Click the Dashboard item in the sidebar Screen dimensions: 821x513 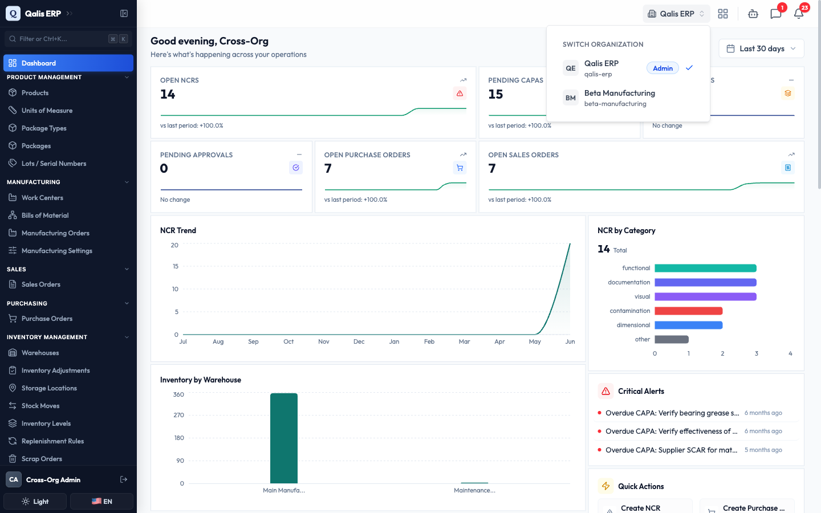tap(68, 63)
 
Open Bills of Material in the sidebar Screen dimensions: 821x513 tap(44, 215)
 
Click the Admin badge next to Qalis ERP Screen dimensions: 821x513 tap(663, 68)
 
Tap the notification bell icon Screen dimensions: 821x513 tap(799, 14)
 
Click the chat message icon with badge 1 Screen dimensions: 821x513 tap(775, 14)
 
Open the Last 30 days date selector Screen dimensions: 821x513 tap(761, 48)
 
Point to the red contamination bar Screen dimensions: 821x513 tap(688, 311)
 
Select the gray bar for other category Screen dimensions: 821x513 tap(672, 339)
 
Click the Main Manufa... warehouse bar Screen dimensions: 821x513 tap(284, 438)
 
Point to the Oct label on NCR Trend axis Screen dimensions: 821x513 tap(288, 341)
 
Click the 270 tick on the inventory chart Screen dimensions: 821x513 tap(178, 415)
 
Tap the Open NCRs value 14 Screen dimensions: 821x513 tap(168, 94)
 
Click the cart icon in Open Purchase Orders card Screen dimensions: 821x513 tap(460, 168)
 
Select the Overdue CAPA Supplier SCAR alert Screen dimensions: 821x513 tap(671, 450)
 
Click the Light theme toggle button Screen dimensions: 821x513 tap(35, 501)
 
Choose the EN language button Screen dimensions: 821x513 tap(101, 501)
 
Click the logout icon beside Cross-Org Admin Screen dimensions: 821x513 tap(124, 479)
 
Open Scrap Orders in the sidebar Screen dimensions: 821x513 tap(42, 459)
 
